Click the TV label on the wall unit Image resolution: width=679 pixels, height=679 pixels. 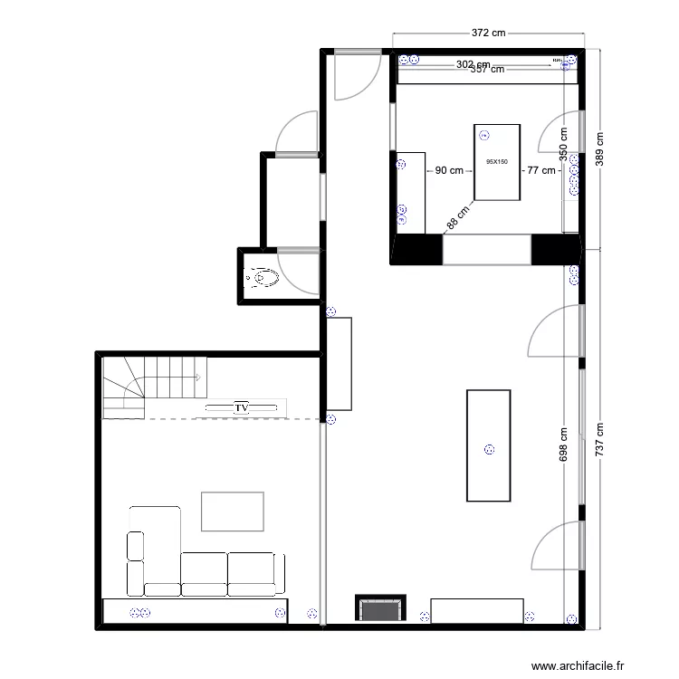(242, 408)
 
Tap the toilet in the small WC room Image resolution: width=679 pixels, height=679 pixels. (263, 276)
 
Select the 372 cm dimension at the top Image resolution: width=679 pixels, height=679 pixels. (488, 33)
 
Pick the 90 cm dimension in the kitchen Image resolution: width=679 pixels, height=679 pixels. (449, 170)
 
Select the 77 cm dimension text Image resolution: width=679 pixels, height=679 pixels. (541, 170)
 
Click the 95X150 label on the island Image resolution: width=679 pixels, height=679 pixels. (497, 162)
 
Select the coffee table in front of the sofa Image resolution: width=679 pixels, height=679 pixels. (233, 512)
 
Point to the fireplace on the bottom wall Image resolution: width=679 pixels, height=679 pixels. (380, 609)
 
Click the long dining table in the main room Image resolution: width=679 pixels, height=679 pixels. (489, 445)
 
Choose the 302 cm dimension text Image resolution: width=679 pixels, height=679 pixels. (472, 64)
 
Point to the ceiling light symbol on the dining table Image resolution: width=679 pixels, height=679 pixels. (489, 448)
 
